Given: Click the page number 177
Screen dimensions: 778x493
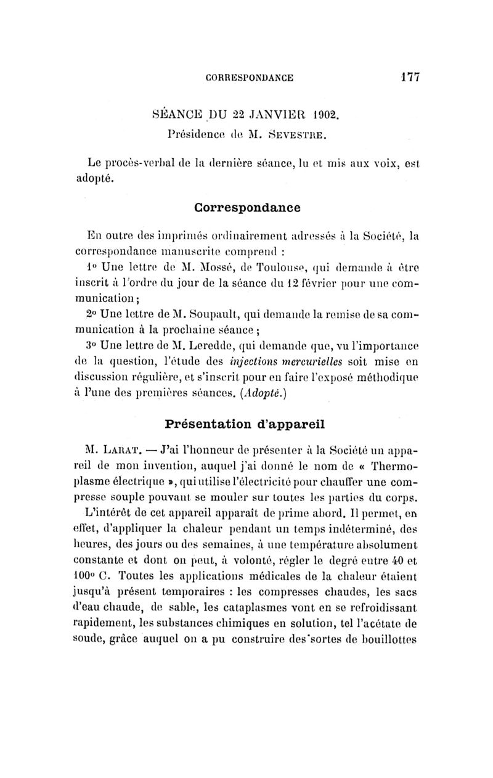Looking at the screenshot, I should (x=408, y=77).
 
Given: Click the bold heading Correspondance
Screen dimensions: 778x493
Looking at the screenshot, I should (x=246, y=207).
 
